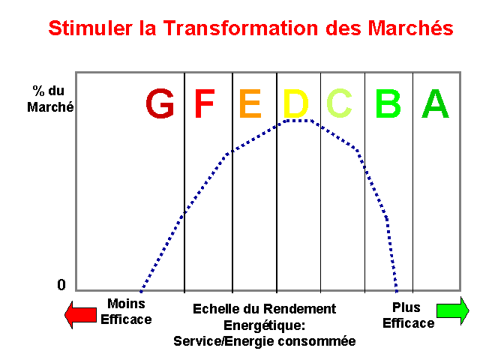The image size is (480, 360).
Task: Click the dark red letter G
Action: [160, 103]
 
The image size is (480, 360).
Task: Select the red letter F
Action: [205, 103]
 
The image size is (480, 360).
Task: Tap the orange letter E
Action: [250, 103]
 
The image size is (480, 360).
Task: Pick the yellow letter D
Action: [295, 103]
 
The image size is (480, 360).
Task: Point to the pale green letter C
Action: [339, 103]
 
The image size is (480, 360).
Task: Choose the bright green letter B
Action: [388, 103]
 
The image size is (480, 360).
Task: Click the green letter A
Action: [435, 103]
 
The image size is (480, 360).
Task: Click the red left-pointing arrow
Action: [81, 315]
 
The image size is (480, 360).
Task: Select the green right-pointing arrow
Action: [453, 310]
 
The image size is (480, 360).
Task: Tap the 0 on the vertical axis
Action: [61, 285]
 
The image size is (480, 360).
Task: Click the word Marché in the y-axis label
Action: [50, 107]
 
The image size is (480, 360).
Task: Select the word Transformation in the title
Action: [240, 28]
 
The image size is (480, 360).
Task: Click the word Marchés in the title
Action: [410, 28]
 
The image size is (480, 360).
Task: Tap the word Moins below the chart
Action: [126, 304]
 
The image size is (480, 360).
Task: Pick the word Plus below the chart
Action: [406, 307]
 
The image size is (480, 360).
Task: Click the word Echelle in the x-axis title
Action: [216, 308]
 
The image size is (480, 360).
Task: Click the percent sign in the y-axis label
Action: [38, 91]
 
